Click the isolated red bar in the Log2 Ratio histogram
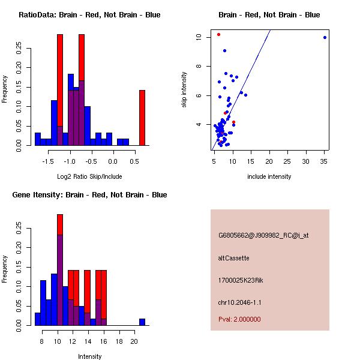click(142, 118)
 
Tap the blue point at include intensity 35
click(325, 37)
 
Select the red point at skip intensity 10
click(218, 34)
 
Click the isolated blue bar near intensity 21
click(142, 322)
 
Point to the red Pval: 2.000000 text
click(239, 319)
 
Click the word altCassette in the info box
click(233, 258)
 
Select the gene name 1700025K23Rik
click(241, 280)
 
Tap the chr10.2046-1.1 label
click(239, 302)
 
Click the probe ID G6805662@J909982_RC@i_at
click(263, 235)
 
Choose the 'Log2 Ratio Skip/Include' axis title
click(89, 176)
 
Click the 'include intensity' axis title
click(269, 176)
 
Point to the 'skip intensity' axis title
click(184, 89)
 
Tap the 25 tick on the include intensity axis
click(287, 161)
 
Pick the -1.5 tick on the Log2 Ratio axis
click(48, 161)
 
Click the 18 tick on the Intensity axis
click(119, 341)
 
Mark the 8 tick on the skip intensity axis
click(199, 66)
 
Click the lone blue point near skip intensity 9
click(224, 51)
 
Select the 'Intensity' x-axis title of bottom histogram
click(89, 356)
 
